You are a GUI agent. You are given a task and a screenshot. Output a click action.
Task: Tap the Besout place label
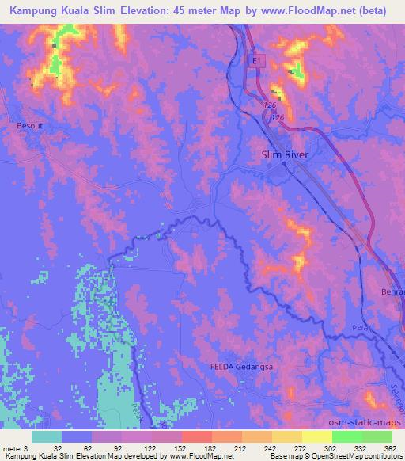click(x=28, y=125)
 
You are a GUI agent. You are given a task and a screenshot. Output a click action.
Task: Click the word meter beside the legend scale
click(x=12, y=448)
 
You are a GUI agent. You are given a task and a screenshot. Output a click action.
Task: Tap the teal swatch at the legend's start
click(x=47, y=436)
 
